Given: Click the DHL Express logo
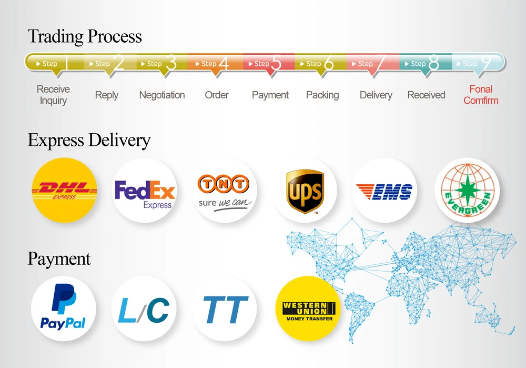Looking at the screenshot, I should coord(64,190).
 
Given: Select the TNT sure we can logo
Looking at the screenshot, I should coord(225,191).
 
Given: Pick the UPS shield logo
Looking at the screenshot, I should coord(305,191).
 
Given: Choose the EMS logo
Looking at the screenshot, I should coord(384,191).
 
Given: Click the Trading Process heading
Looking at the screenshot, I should coord(85,36).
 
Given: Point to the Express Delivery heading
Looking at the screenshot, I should coord(89,140).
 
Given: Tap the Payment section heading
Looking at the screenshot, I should coord(59,258).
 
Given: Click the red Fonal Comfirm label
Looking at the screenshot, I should coord(481,95).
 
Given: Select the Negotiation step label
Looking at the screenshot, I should coord(162,95).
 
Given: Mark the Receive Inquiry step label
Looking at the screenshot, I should coord(53,95).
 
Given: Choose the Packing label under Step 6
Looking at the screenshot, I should coord(322,95).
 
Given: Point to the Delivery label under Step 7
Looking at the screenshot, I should coord(376,95).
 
